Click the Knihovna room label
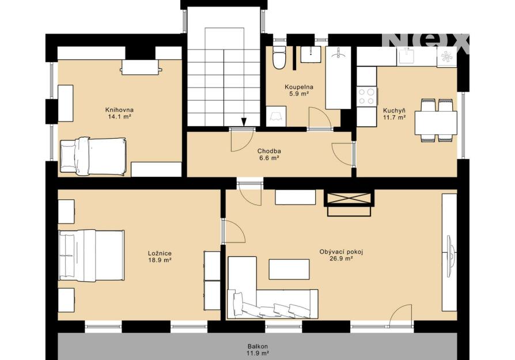click(x=119, y=109)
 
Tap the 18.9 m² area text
click(x=160, y=260)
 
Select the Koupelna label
click(x=299, y=87)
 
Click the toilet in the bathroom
click(x=279, y=57)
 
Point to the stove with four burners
click(x=366, y=96)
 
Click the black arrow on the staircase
click(x=243, y=122)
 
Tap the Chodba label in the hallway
click(x=269, y=151)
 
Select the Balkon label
click(x=258, y=346)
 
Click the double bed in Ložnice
click(x=92, y=256)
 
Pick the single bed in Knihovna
click(x=93, y=156)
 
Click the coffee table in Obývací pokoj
click(x=289, y=270)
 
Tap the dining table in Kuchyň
click(x=436, y=123)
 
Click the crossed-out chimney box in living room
click(x=349, y=199)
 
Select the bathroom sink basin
click(x=311, y=54)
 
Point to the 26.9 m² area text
click(x=341, y=259)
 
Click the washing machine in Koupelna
click(x=276, y=116)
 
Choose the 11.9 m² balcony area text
click(x=258, y=353)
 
